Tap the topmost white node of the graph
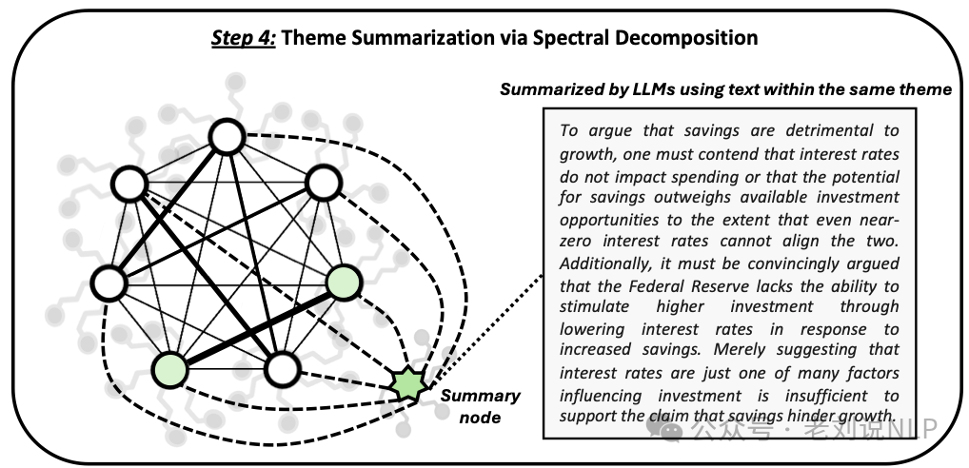click(227, 137)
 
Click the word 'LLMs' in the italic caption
click(658, 89)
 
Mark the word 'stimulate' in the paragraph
click(593, 307)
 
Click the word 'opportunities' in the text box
click(606, 220)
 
